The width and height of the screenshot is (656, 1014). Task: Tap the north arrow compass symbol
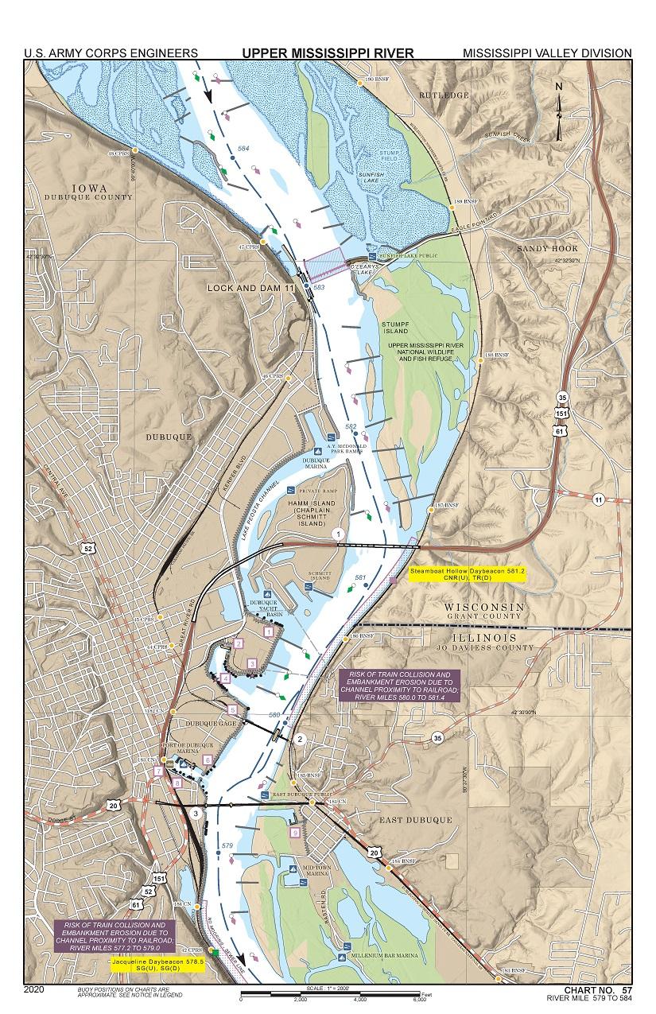point(560,110)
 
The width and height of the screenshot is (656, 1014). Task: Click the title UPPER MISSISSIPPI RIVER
point(328,53)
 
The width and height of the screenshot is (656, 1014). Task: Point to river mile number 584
point(243,149)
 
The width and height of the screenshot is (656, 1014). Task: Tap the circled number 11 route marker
point(597,499)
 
